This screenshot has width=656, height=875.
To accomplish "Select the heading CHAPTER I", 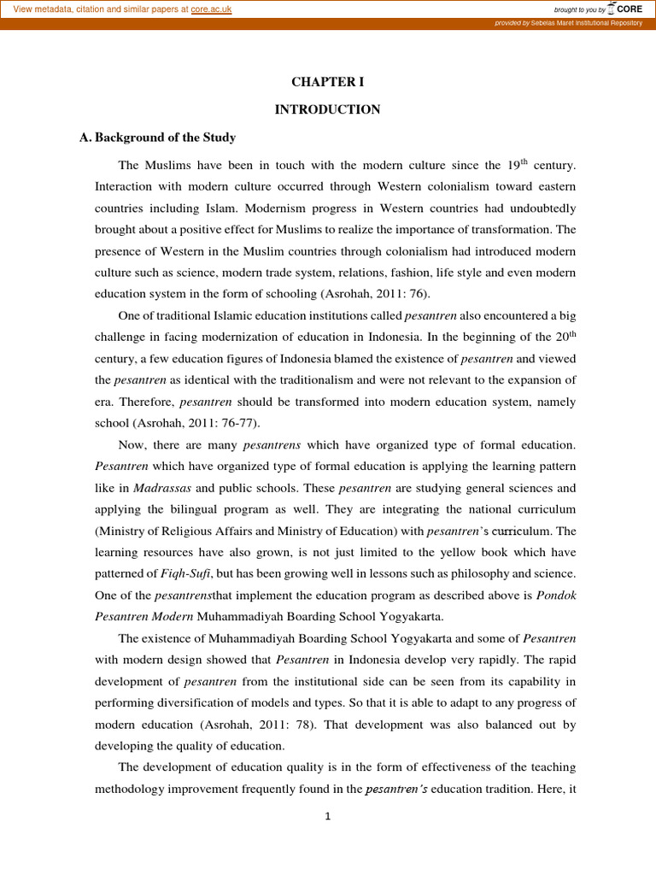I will pyautogui.click(x=327, y=83).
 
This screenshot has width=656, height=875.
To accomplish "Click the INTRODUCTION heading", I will pyautogui.click(x=327, y=109).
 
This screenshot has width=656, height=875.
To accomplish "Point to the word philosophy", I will pyautogui.click(x=482, y=573).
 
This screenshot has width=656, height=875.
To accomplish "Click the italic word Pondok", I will pyautogui.click(x=556, y=595).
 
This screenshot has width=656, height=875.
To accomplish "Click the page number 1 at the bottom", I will pyautogui.click(x=327, y=817).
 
